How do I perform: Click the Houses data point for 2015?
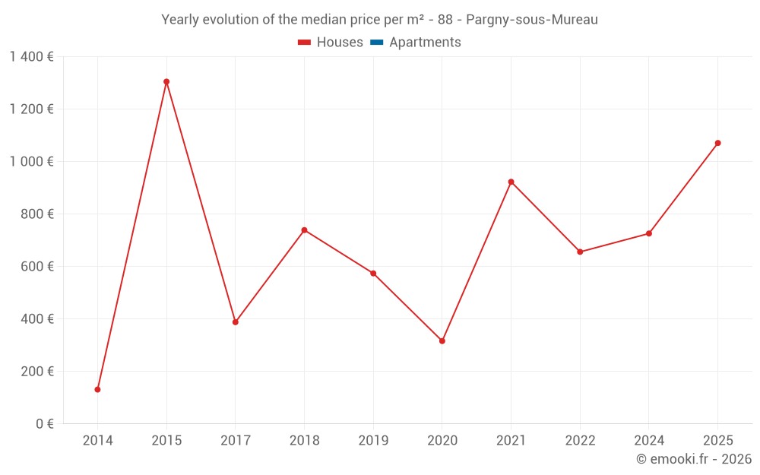pos(166,81)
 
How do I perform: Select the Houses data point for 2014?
pos(97,389)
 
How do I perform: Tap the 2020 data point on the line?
pos(442,340)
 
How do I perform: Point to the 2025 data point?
pos(717,143)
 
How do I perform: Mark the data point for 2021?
pos(511,182)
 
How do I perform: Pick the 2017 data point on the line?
pos(236,322)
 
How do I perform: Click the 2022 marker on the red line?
pos(580,252)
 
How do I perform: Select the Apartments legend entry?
pos(424,43)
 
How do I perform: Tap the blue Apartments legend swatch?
pos(376,43)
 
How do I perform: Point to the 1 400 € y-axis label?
pos(31,57)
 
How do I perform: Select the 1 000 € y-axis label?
pos(31,162)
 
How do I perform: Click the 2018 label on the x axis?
pos(304,441)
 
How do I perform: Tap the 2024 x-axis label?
pos(649,441)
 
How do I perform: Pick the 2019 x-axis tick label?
pos(373,441)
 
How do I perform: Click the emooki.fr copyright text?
pos(694,459)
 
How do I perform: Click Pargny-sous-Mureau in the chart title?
pos(532,20)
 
